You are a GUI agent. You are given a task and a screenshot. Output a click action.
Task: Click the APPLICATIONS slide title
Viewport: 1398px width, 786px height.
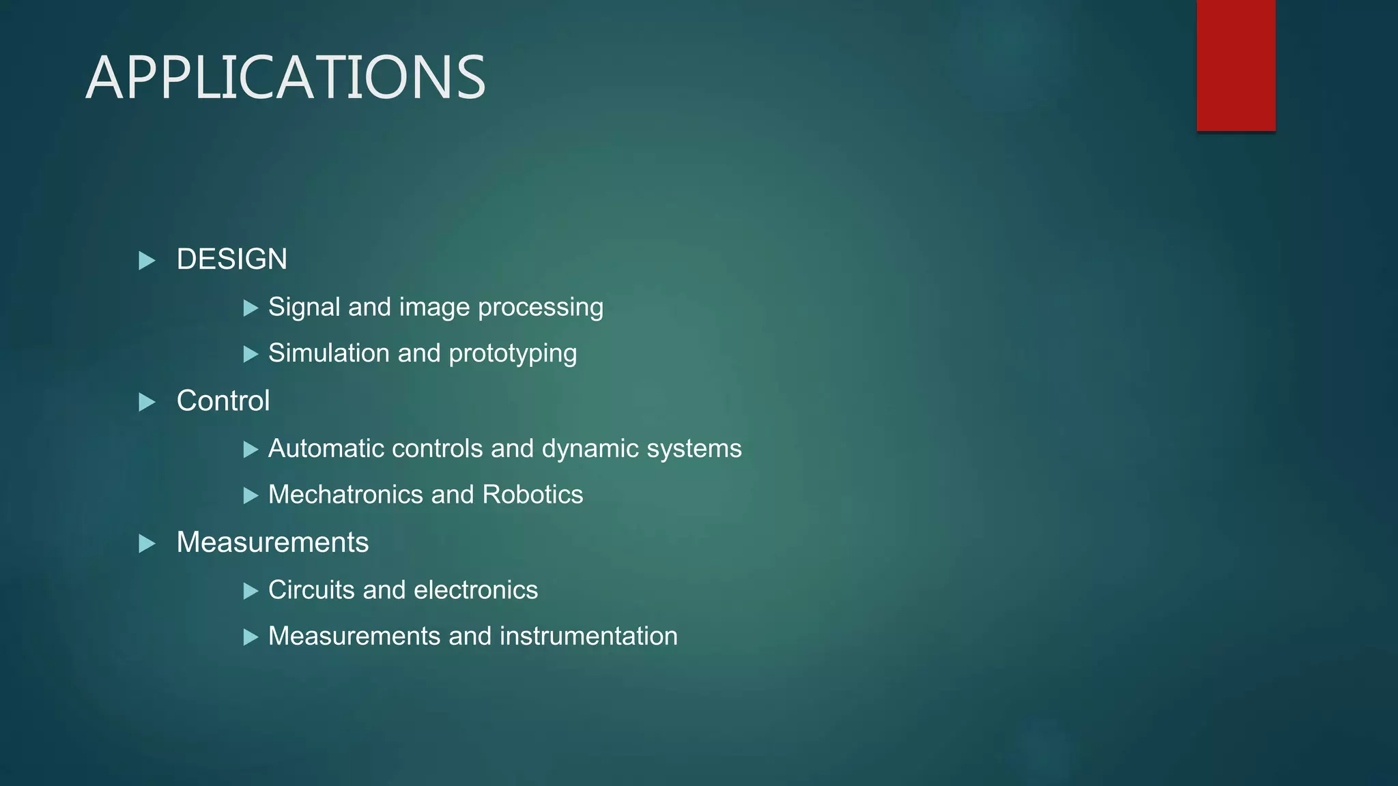pyautogui.click(x=285, y=78)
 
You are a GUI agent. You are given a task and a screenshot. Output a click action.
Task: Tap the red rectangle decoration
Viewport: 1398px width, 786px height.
pyautogui.click(x=1236, y=65)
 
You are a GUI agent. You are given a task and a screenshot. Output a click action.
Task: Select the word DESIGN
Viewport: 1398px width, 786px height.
pyautogui.click(x=232, y=259)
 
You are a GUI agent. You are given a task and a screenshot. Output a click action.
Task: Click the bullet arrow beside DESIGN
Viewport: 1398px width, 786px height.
pyautogui.click(x=147, y=260)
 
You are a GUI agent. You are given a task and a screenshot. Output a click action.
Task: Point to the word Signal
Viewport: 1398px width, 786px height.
pyautogui.click(x=304, y=308)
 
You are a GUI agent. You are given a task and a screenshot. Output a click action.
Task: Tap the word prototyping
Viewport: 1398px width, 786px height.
pyautogui.click(x=513, y=354)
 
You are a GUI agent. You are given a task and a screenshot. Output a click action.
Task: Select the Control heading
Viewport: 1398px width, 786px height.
pyautogui.click(x=223, y=401)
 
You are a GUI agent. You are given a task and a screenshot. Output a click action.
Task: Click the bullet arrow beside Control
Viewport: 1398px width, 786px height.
pyautogui.click(x=147, y=402)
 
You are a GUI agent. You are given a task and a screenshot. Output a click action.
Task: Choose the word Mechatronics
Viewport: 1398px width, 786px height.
pyautogui.click(x=345, y=495)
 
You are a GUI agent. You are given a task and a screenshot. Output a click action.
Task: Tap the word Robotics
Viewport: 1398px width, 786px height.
pyautogui.click(x=532, y=495)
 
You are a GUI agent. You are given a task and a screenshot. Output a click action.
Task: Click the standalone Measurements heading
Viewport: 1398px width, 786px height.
pyautogui.click(x=272, y=542)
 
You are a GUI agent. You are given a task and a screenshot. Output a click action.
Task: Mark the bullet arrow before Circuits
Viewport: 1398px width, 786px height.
pyautogui.click(x=251, y=591)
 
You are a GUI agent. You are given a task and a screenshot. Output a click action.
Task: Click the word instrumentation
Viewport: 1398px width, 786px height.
pyautogui.click(x=588, y=636)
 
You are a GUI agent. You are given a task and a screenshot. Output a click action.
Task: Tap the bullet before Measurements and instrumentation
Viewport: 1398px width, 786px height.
pyautogui.click(x=251, y=637)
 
